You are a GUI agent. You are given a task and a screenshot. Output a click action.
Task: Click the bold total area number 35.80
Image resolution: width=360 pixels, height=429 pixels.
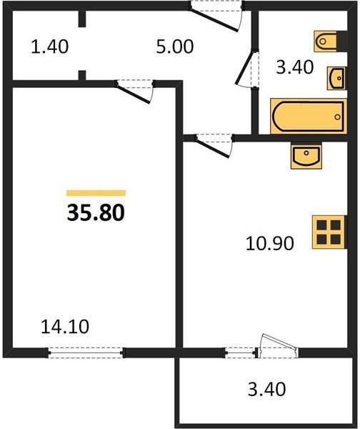[96, 213]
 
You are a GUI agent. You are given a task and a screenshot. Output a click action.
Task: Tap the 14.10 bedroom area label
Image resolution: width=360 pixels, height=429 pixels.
[65, 327]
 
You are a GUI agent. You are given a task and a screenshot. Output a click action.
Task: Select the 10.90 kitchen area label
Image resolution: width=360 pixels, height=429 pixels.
[270, 243]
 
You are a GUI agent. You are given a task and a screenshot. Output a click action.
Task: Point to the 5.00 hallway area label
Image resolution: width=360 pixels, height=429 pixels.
[175, 46]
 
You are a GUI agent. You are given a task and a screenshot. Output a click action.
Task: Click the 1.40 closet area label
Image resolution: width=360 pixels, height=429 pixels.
[50, 46]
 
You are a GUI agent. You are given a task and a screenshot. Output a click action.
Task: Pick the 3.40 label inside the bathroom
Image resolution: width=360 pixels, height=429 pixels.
[294, 67]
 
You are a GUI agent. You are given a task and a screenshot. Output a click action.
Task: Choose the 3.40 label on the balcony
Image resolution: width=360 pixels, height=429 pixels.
[267, 390]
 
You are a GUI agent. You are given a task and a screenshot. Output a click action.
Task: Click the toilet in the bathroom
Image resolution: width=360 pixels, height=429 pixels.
[330, 41]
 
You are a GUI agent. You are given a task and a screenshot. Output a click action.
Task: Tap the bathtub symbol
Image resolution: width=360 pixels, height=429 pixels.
[309, 117]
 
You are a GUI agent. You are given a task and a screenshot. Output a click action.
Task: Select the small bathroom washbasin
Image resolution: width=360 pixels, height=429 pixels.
[336, 78]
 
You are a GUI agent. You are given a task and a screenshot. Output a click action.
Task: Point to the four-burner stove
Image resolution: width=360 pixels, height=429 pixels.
[329, 232]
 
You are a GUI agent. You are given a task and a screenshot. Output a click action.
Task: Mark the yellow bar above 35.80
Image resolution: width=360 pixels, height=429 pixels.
[96, 193]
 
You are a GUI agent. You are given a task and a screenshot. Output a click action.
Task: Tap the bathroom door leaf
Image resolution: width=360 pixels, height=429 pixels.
[244, 67]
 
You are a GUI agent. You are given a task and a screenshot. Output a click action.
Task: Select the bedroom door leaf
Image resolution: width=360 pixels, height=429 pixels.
[133, 94]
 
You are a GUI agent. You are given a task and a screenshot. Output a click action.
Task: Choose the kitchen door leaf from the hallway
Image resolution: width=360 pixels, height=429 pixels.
[212, 148]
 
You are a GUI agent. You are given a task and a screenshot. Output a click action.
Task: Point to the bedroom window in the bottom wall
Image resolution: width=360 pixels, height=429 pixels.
[86, 352]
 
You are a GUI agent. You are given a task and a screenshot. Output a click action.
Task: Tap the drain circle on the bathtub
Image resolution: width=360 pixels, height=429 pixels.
[338, 117]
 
